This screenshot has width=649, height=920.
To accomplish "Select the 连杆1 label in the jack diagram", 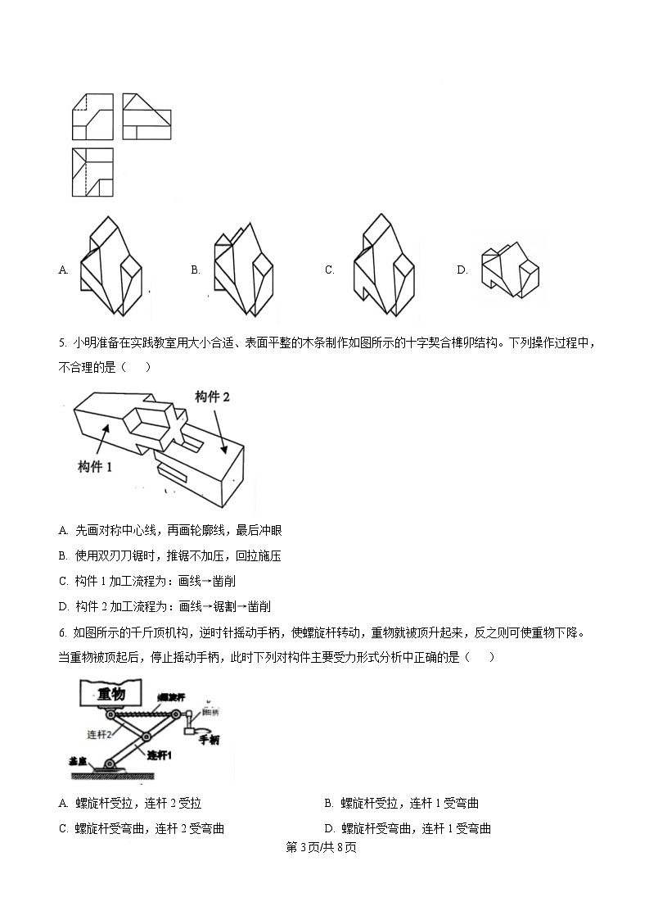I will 162,752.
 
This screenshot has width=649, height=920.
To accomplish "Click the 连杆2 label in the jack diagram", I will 100,734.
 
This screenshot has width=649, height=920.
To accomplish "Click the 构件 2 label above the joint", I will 212,397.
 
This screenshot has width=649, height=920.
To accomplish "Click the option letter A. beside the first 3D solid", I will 63,270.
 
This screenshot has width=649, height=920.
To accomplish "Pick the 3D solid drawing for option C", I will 383,264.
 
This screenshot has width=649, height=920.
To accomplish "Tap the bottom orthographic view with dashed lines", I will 92,173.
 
